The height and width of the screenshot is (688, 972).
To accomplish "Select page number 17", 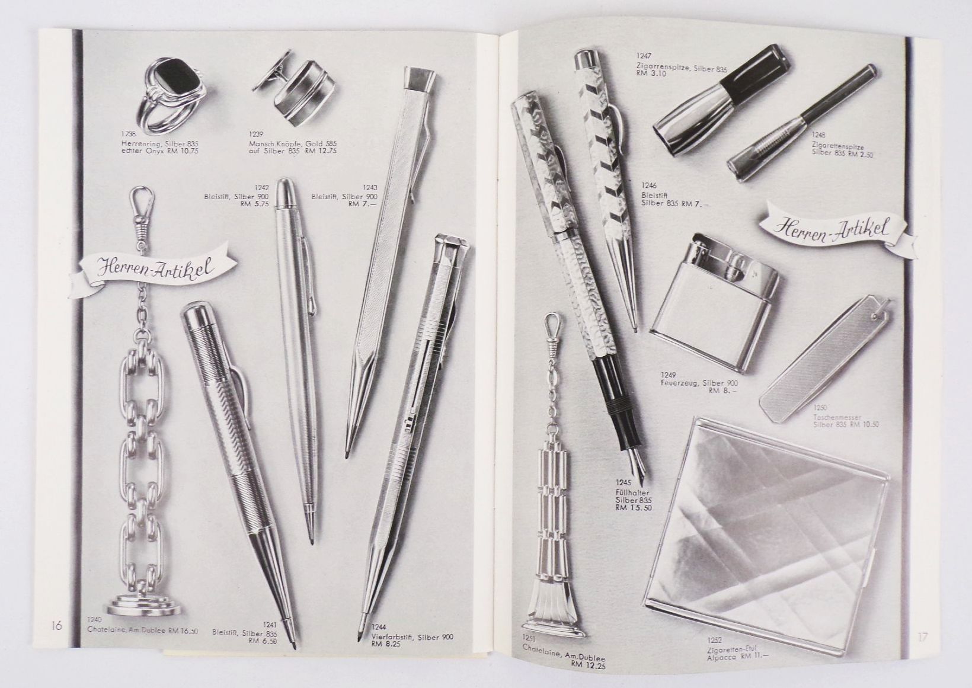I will tap(922, 638).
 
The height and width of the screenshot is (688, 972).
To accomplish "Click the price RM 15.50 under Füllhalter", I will tap(635, 507).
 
